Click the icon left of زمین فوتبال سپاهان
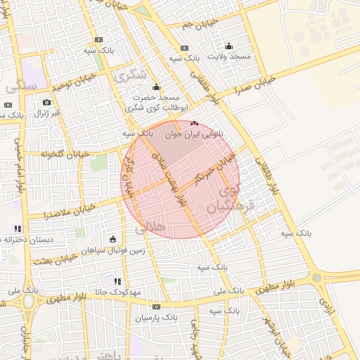(x=113, y=240)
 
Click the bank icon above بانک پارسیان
(x=156, y=307)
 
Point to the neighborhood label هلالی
(x=148, y=227)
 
